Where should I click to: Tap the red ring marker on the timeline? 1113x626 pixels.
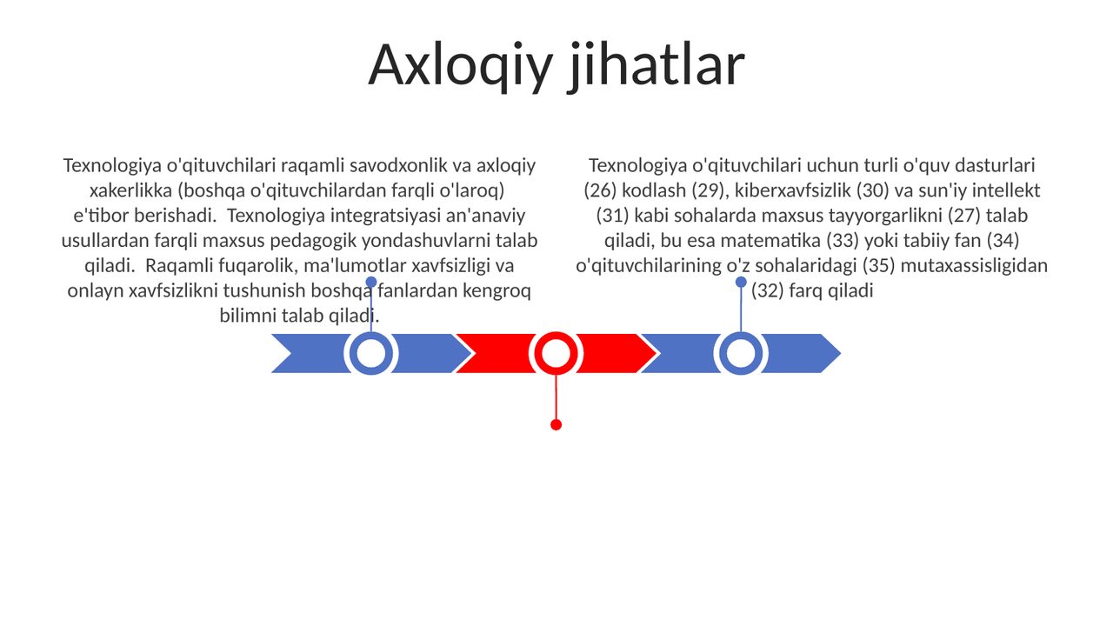[x=556, y=353]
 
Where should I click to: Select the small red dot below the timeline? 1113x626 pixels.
[x=556, y=425]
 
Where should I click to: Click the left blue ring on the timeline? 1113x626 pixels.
[x=371, y=353]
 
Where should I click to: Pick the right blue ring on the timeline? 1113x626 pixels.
[x=741, y=353]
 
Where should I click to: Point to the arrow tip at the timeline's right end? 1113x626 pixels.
[x=840, y=353]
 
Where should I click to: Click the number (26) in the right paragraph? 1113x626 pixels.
[x=600, y=190]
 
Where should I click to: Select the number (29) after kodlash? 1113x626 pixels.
[x=709, y=190]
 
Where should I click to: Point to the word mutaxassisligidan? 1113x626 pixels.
[x=974, y=266]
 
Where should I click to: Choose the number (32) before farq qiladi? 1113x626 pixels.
[x=767, y=290]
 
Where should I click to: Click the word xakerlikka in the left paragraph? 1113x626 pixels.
[x=130, y=190]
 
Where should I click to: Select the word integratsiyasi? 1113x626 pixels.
[x=385, y=216]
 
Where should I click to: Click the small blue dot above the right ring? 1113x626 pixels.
[x=741, y=283]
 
